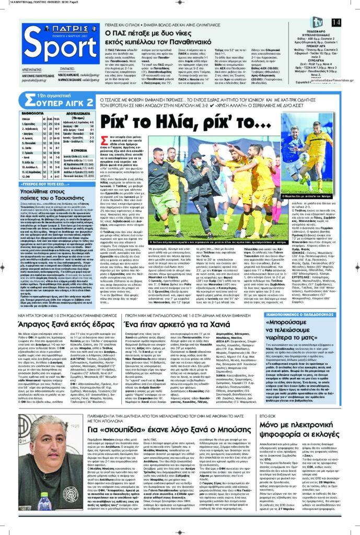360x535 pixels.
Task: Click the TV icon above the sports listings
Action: [317, 21]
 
